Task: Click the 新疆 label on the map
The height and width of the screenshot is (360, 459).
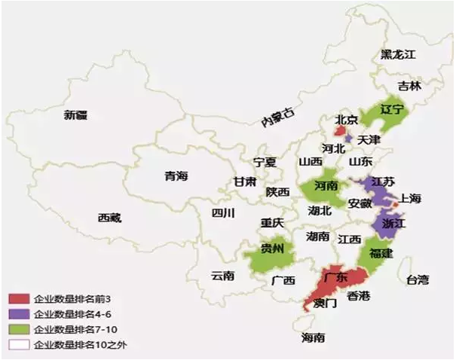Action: (75, 115)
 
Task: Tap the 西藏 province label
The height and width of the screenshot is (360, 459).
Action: (109, 218)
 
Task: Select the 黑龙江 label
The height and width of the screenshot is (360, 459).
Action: (397, 54)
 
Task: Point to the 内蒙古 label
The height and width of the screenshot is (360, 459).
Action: (276, 117)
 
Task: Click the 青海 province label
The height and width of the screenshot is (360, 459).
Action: (176, 176)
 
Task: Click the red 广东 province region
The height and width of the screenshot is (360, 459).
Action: (335, 278)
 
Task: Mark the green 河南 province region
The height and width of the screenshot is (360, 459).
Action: (323, 187)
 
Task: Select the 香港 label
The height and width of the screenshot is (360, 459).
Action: (359, 295)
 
